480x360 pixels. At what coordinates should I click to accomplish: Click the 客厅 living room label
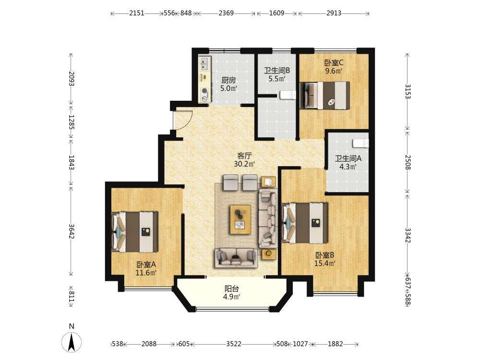[x=244, y=156]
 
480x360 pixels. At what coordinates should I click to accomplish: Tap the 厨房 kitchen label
[x=228, y=80]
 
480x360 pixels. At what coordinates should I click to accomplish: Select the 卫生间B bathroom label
[x=277, y=71]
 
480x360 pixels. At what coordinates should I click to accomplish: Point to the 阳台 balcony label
[x=231, y=288]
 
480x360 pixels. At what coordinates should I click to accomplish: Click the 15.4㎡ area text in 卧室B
[x=325, y=263]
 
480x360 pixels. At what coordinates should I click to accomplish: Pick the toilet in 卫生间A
[x=360, y=143]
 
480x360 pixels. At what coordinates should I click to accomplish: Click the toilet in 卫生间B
[x=288, y=95]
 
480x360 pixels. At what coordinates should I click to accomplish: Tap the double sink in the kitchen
[x=204, y=64]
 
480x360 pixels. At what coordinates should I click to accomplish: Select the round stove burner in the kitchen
[x=204, y=91]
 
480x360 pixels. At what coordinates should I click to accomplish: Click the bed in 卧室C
[x=324, y=95]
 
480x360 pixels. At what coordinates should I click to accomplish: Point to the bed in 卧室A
[x=135, y=232]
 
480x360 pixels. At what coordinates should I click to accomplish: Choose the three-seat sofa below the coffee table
[x=236, y=258]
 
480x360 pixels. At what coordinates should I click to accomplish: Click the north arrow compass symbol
[x=72, y=342]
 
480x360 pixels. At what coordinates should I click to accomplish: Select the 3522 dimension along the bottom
[x=234, y=344]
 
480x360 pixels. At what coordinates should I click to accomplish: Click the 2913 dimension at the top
[x=334, y=13]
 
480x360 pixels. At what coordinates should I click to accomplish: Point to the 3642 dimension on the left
[x=71, y=231]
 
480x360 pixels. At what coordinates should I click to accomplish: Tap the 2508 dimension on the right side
[x=408, y=162]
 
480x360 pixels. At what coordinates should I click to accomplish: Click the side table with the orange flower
[x=268, y=254]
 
